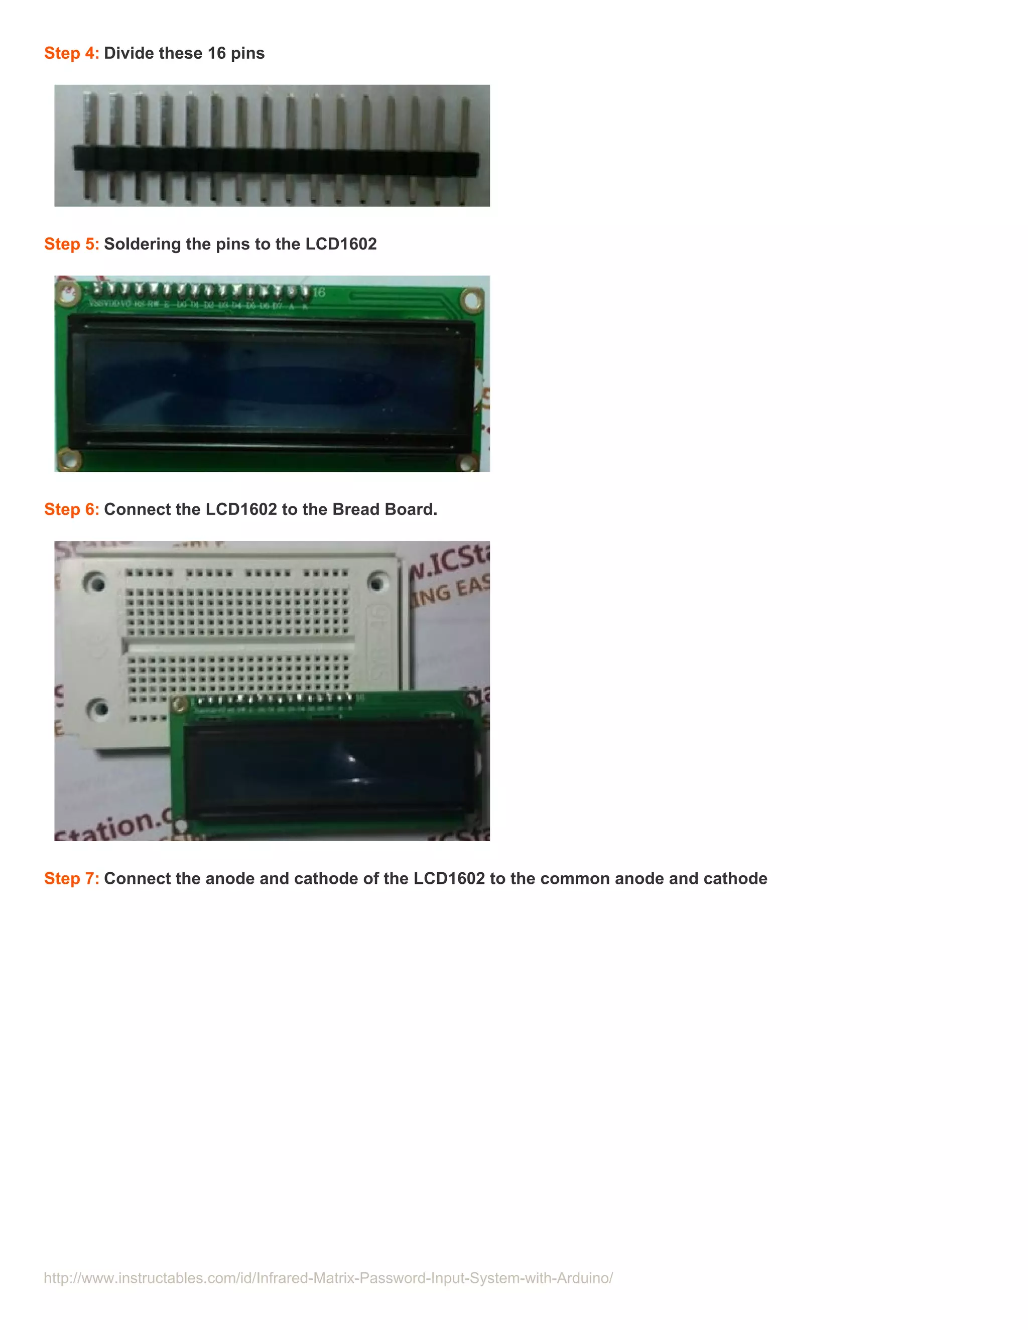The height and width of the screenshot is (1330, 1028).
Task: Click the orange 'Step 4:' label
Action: [71, 54]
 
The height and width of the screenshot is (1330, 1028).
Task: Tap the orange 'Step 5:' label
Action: [71, 244]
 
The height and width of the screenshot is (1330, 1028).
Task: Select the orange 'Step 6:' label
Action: [71, 510]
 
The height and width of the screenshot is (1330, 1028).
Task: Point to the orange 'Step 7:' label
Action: [71, 879]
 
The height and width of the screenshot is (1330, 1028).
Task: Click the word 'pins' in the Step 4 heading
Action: [247, 54]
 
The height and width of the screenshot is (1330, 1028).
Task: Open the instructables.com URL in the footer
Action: [328, 1278]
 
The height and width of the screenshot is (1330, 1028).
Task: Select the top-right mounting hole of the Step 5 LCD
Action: [471, 300]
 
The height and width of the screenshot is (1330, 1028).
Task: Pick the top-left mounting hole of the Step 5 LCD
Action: [69, 294]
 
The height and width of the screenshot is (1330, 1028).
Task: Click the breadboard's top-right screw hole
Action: [377, 583]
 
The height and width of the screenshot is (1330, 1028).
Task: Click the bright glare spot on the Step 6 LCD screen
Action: [351, 759]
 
